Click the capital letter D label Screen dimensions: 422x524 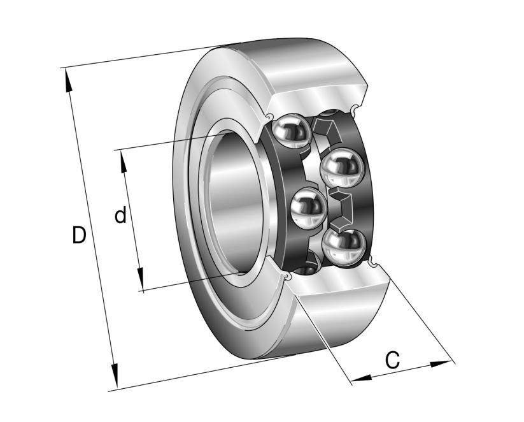coord(78,235)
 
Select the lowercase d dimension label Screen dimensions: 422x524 coord(120,216)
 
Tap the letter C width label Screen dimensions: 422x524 coord(393,360)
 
